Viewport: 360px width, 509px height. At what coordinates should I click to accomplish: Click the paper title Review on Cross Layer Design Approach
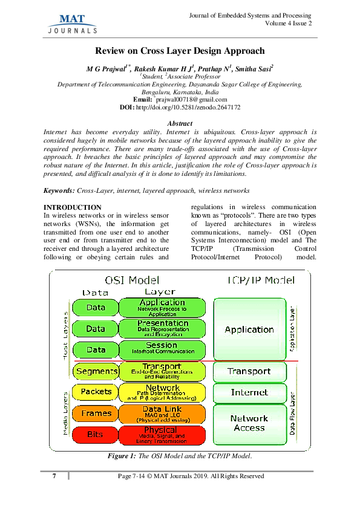point(180,52)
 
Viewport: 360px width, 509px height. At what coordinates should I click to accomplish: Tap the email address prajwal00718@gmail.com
point(191,99)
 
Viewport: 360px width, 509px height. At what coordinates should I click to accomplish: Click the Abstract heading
point(179,123)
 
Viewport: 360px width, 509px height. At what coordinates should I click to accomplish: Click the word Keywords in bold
point(59,190)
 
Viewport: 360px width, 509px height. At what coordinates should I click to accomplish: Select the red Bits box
point(96,435)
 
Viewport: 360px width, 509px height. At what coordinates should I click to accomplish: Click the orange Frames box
point(96,413)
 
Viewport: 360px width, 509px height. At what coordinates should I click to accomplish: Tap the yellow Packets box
point(96,392)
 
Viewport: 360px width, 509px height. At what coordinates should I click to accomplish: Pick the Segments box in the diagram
point(96,371)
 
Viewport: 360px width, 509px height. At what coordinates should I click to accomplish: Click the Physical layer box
point(162,435)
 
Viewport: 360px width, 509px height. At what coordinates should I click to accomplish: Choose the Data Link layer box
point(162,413)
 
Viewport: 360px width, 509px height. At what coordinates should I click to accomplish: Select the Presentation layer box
point(162,328)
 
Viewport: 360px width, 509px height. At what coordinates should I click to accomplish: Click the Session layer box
point(162,349)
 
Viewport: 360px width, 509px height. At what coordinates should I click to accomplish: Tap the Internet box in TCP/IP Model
point(249,392)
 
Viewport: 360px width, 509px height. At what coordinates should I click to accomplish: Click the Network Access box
point(249,423)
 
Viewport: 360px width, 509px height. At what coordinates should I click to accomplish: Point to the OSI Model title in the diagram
point(132,280)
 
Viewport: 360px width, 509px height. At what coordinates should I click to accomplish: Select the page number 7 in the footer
point(54,476)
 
